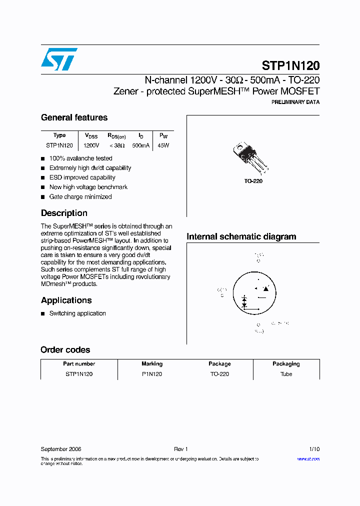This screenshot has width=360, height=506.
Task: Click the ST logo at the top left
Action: click(59, 59)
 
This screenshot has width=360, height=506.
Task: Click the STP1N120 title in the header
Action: click(290, 66)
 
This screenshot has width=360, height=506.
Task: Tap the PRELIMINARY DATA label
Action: click(295, 102)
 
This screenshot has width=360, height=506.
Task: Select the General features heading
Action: click(74, 117)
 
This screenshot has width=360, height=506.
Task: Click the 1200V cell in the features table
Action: click(91, 145)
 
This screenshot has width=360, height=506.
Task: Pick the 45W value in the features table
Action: click(163, 145)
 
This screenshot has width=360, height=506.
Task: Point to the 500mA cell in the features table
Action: click(140, 145)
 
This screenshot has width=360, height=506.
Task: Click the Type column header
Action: click(59, 135)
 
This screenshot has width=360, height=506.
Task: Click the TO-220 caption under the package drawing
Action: click(253, 181)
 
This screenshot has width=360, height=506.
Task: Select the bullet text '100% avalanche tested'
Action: click(80, 158)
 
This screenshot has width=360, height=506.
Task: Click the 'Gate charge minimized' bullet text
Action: click(80, 196)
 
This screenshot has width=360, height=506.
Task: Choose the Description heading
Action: click(64, 213)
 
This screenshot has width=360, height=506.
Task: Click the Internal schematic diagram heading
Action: click(241, 236)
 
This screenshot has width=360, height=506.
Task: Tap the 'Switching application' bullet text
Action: click(77, 313)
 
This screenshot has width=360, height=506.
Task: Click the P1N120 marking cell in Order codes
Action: click(152, 374)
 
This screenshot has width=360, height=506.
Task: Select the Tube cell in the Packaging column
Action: click(286, 374)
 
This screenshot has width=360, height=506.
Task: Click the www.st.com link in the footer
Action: click(308, 458)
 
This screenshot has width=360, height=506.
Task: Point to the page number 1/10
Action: click(313, 449)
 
